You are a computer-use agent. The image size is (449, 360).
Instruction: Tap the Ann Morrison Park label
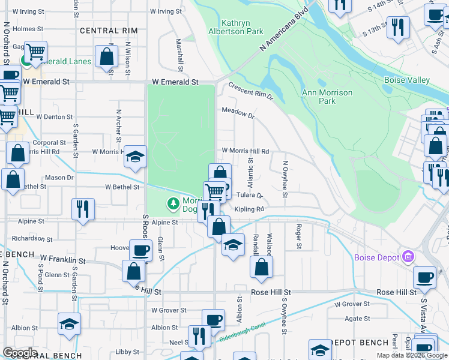(x=327, y=97)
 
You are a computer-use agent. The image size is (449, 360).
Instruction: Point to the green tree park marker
(x=174, y=204)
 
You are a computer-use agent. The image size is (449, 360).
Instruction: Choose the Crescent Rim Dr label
(x=250, y=91)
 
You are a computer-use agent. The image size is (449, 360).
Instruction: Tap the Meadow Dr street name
(x=238, y=111)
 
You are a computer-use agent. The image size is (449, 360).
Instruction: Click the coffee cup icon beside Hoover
(x=140, y=250)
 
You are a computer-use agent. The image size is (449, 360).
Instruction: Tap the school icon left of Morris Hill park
(x=135, y=157)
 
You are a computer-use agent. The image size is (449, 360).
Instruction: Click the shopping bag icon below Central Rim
(x=106, y=57)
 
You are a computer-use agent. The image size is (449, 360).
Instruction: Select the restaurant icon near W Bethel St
(x=82, y=208)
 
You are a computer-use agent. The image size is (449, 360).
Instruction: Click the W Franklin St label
(x=62, y=260)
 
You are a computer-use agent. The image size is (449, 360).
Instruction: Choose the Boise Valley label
(x=407, y=80)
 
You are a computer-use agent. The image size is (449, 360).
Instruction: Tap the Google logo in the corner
(x=20, y=352)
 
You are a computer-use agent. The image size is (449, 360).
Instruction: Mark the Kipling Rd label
(x=249, y=209)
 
